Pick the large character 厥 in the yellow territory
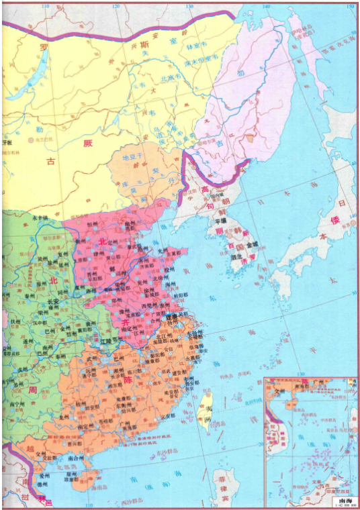pos(86,142)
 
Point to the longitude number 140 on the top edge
pos(267,6)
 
